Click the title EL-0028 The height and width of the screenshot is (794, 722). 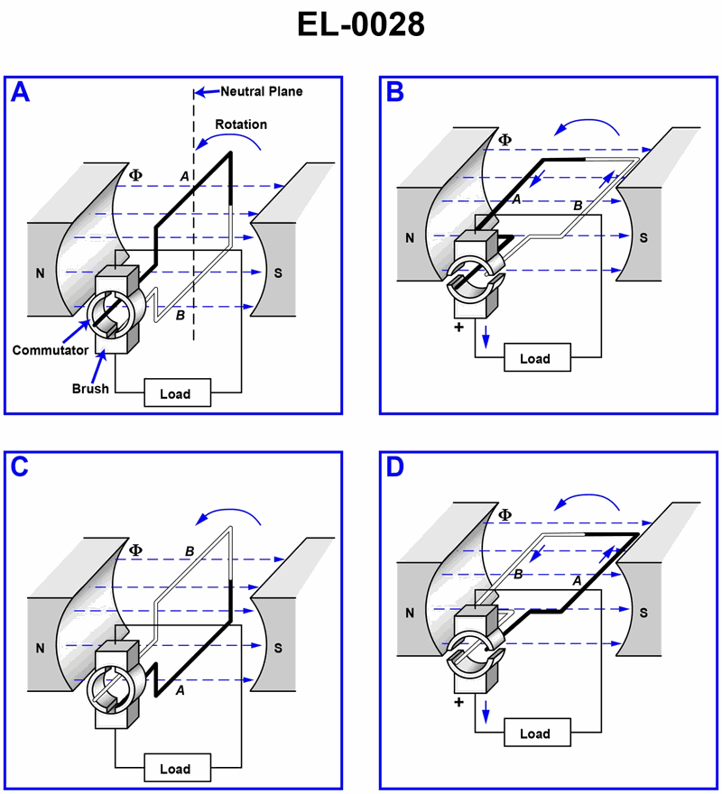coord(361,24)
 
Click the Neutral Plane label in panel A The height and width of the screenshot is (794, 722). coord(262,91)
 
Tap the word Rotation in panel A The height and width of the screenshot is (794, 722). coord(241,124)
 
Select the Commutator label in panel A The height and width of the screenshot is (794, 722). coord(49,349)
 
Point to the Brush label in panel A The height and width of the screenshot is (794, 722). coord(90,389)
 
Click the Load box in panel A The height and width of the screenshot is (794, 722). coord(174,394)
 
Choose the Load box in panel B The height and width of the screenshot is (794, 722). coord(535,358)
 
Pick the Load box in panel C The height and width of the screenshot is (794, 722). coord(174,770)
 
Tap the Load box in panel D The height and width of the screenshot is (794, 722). coord(535,734)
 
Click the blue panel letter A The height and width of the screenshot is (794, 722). coord(20,93)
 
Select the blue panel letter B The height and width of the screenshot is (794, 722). coord(395,93)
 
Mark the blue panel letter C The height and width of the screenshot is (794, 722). coord(20,467)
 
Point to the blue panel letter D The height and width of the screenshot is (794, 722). coord(395,467)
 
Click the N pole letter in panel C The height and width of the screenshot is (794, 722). coord(40,647)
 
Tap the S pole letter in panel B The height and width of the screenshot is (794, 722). coord(643,238)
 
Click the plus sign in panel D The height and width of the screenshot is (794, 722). coord(458,701)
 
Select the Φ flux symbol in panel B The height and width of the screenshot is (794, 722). coord(504,140)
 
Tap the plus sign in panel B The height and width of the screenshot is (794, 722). coord(458,327)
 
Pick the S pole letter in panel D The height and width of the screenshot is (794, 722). coord(643,614)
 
